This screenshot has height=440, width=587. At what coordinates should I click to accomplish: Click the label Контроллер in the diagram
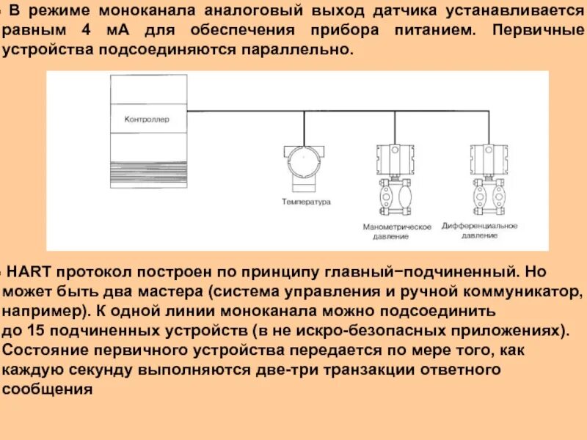147,118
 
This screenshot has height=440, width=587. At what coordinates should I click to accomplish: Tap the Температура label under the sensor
306,201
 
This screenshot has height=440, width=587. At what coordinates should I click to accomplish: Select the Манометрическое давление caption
397,232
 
